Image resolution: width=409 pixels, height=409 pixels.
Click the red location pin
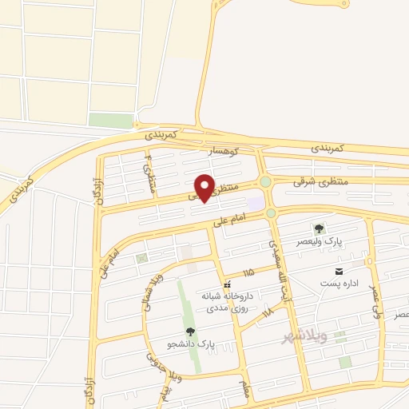click(204, 187)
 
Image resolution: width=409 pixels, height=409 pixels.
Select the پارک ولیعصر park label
click(320, 241)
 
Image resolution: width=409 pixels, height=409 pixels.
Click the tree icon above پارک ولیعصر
click(320, 229)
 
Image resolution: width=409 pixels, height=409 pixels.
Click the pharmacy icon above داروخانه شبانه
click(228, 284)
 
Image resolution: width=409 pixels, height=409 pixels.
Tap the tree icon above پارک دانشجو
click(189, 332)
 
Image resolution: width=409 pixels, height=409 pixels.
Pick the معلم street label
click(245, 389)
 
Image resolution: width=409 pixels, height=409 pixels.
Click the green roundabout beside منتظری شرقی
click(265, 181)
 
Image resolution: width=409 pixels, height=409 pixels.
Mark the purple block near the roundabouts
click(256, 204)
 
